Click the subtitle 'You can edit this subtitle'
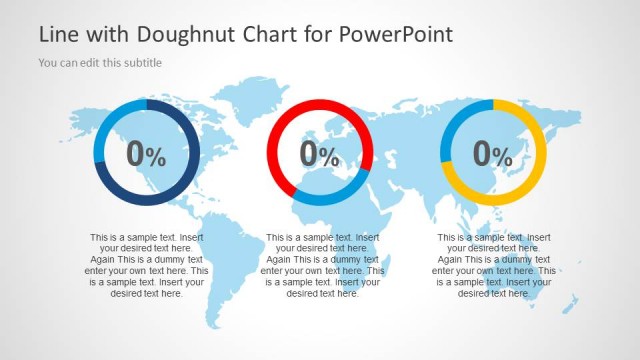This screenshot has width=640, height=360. pyautogui.click(x=100, y=62)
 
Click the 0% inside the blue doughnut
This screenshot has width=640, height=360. pyautogui.click(x=146, y=154)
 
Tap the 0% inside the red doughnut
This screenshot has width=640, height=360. pyautogui.click(x=320, y=154)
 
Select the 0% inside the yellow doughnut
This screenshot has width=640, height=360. pyautogui.click(x=493, y=154)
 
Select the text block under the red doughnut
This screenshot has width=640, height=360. pyautogui.click(x=321, y=266)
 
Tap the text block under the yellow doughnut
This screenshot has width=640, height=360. pyautogui.click(x=493, y=266)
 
